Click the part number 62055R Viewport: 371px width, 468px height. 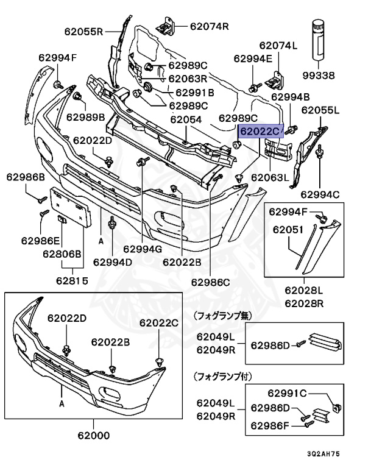point(83,31)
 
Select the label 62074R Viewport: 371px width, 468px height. point(209,26)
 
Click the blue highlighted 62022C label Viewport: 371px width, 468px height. point(260,130)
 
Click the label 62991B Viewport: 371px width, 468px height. point(194,93)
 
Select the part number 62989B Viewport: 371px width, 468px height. point(86,116)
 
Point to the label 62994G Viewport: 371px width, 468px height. point(142,249)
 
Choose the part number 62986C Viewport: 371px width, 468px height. point(210,282)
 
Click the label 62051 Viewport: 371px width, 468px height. point(288,230)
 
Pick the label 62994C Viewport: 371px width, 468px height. point(320,194)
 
